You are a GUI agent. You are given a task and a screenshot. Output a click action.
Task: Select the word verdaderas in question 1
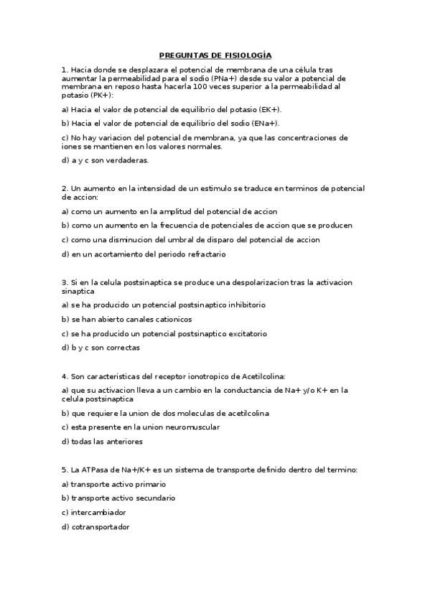coord(128,160)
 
